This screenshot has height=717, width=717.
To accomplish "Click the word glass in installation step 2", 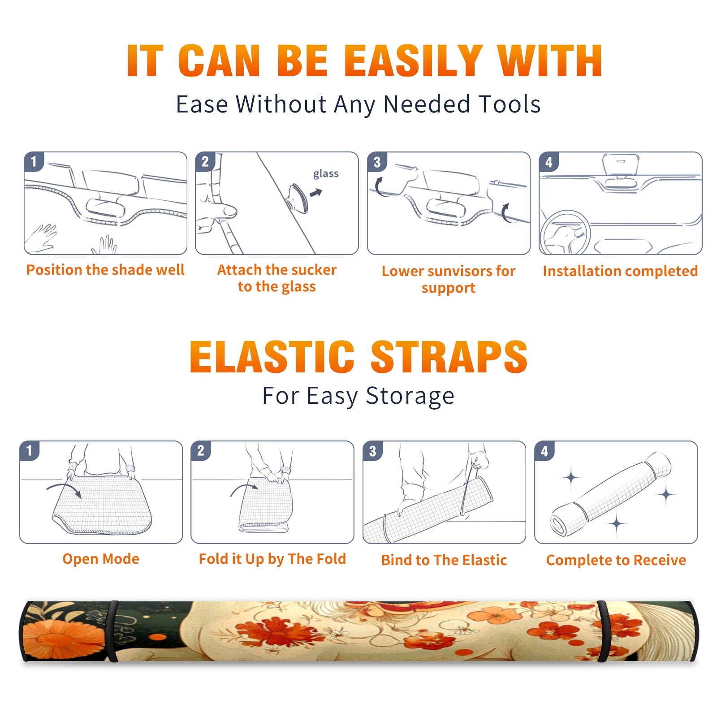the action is [326, 173].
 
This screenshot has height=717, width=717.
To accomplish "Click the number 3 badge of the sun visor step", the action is [377, 162].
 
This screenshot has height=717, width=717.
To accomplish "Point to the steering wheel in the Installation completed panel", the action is [565, 232].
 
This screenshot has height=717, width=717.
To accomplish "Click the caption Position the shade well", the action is [105, 270].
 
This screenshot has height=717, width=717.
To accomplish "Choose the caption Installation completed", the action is [620, 271].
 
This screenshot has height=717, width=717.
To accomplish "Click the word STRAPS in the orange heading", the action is [449, 357].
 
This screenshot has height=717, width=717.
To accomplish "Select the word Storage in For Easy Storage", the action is [410, 396].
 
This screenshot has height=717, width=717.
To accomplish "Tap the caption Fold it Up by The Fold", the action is [272, 559].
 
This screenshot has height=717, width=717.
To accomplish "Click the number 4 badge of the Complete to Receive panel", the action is [544, 451].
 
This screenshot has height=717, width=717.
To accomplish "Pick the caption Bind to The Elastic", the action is [444, 560].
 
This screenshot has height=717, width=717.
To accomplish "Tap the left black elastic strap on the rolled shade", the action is [113, 631].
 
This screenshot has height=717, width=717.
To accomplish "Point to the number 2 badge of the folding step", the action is [201, 451].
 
